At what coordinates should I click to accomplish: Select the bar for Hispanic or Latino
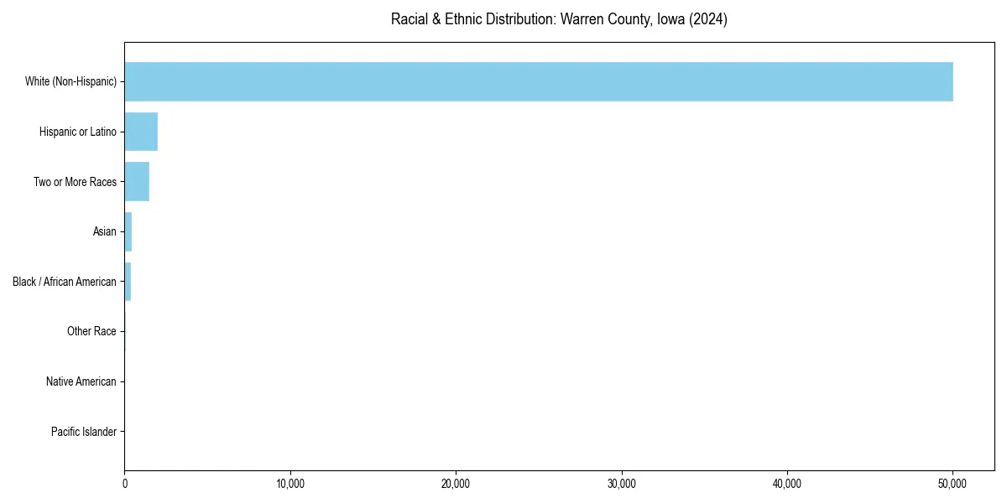tap(141, 132)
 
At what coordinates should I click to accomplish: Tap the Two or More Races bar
tap(137, 181)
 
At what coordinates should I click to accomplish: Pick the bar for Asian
tap(128, 231)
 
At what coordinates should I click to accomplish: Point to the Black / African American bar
tap(128, 282)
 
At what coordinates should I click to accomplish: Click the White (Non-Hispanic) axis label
tap(70, 81)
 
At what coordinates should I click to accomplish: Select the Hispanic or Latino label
tap(78, 132)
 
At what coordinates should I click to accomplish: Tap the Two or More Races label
tap(75, 182)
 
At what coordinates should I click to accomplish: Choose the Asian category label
tap(105, 231)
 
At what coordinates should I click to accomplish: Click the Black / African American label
tap(65, 282)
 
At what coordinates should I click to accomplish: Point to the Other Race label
tap(91, 332)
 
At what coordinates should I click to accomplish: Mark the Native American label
tap(81, 381)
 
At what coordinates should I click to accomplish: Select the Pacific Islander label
tap(84, 432)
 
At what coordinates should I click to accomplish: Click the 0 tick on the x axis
tap(125, 484)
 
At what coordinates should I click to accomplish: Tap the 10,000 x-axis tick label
tap(290, 484)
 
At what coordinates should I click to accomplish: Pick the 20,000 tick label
tap(456, 484)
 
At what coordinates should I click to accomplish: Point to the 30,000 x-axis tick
tap(622, 484)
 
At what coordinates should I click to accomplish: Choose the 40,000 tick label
tap(787, 484)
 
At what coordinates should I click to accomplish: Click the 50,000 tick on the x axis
tap(952, 484)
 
